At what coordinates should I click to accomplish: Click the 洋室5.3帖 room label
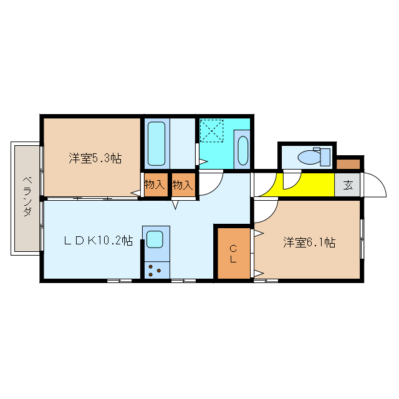[95, 158]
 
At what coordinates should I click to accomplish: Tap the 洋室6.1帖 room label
[309, 243]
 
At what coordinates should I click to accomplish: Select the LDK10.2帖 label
[99, 240]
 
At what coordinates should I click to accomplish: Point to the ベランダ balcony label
[27, 196]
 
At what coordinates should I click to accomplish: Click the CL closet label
[233, 254]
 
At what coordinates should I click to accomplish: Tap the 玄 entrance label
[348, 185]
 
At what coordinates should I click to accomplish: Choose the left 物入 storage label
[155, 185]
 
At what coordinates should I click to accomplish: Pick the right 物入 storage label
[183, 185]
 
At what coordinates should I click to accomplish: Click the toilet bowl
[309, 157]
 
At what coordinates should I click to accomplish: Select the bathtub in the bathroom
[156, 144]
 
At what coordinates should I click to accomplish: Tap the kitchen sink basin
[155, 239]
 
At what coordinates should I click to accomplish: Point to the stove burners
[155, 271]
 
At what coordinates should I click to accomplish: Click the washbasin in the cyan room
[243, 151]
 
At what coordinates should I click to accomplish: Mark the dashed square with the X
[211, 131]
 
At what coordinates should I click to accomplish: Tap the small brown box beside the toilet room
[348, 164]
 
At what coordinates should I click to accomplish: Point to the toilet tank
[325, 157]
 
